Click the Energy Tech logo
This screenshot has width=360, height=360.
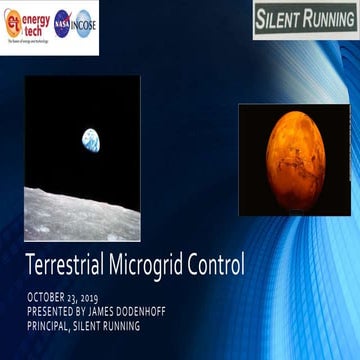tap(25, 22)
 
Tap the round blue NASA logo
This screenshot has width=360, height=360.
tap(61, 22)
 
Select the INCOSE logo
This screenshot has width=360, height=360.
tap(84, 22)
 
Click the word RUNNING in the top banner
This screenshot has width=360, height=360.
tap(329, 19)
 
